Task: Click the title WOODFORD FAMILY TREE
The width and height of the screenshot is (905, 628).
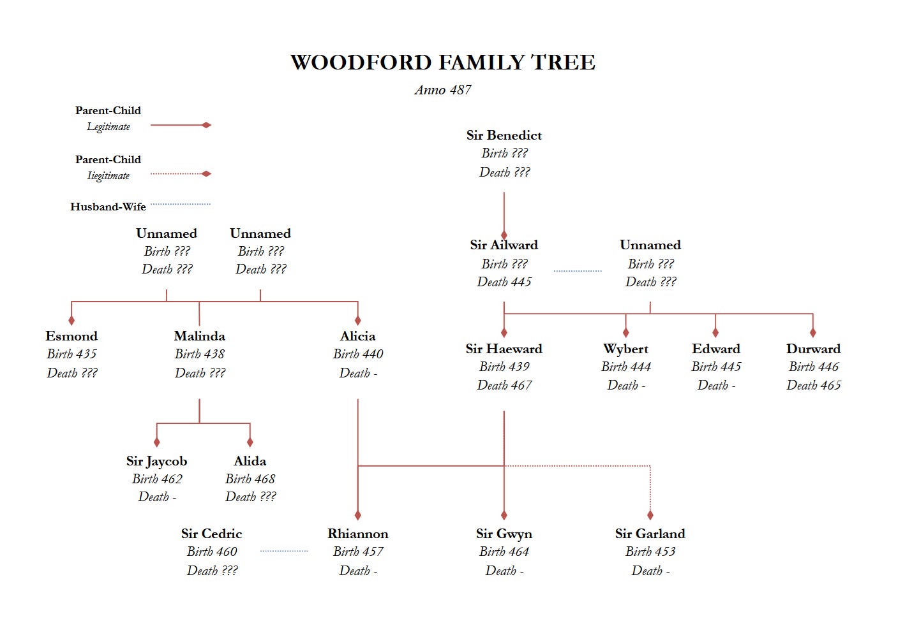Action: [443, 62]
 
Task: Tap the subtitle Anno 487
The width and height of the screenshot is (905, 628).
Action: [443, 90]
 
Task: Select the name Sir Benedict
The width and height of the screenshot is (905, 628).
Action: [504, 135]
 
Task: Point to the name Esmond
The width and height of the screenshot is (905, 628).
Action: [71, 336]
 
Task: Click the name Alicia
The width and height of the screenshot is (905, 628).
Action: [357, 336]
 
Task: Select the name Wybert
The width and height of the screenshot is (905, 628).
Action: [625, 349]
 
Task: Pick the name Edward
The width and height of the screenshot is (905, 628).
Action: [716, 349]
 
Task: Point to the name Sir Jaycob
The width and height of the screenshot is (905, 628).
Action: [156, 461]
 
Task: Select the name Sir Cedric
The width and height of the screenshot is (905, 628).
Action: [211, 534]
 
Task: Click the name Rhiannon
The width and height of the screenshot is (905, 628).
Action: [357, 534]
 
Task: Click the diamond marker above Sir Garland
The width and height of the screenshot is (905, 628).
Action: [650, 515]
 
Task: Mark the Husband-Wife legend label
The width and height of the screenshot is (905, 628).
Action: [108, 207]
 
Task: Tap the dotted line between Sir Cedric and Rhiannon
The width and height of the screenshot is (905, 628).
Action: [284, 551]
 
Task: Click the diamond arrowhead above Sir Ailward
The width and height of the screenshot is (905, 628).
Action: [504, 235]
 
